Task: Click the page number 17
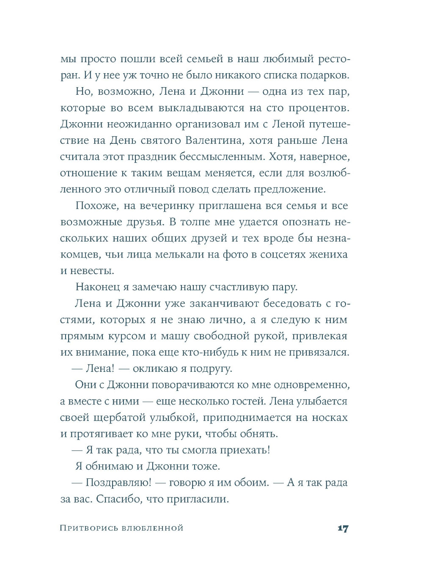pos(343,528)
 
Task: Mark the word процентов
pos(319,108)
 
